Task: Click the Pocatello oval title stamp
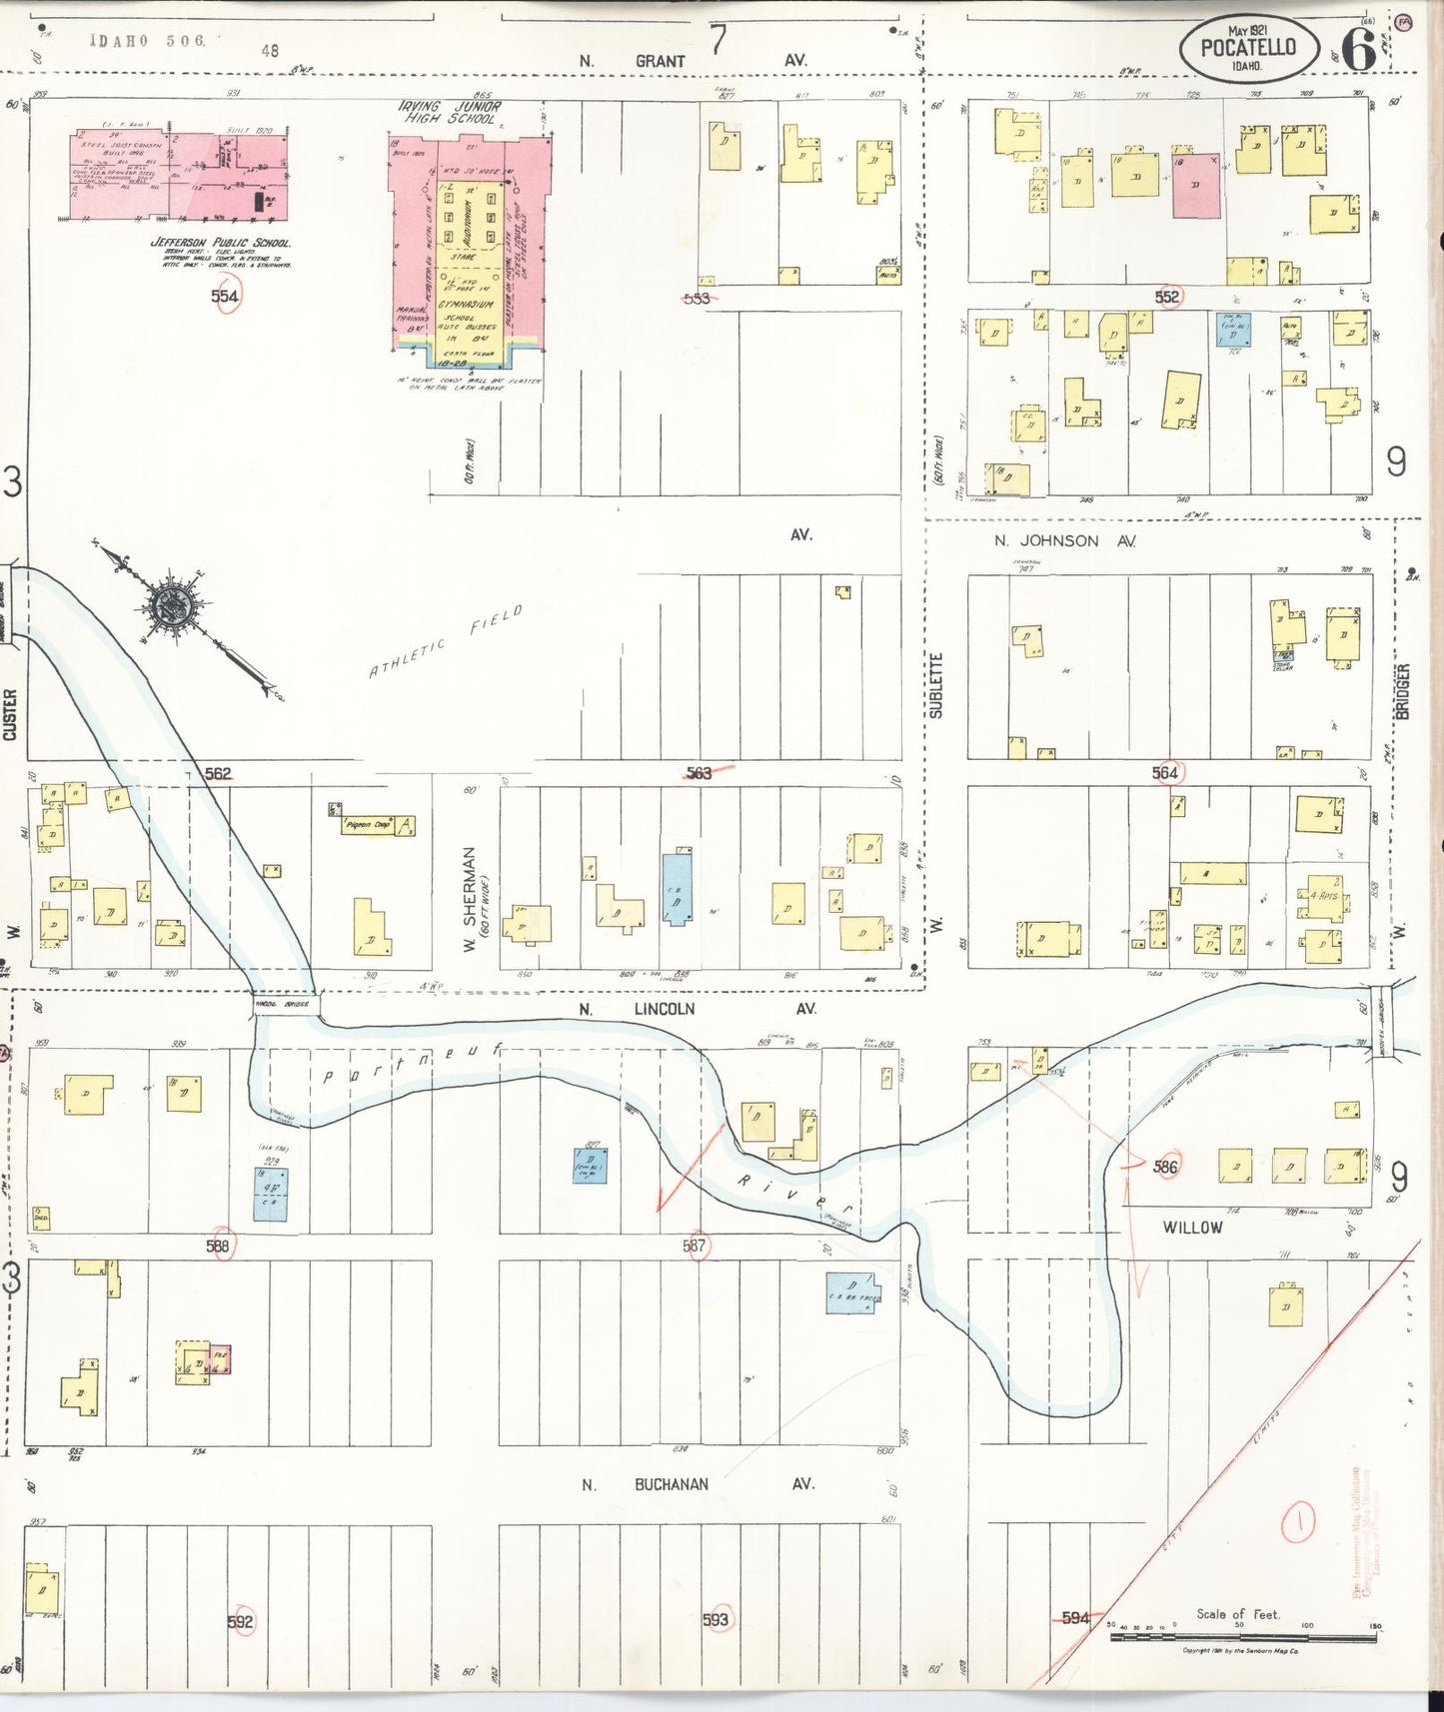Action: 1247,48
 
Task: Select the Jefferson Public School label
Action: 220,243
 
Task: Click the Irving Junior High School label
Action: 451,112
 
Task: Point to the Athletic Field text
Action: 446,642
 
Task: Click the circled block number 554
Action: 225,296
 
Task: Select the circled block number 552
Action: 1167,297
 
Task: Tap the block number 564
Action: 1165,772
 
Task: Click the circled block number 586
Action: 1165,1166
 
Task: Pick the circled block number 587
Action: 695,1246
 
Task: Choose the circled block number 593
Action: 716,1619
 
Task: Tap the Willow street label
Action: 1192,1228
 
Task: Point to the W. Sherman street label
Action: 470,899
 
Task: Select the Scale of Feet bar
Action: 1242,1637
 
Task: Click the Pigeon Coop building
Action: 371,825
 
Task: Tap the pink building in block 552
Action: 1195,186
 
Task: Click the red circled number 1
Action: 1299,1522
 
